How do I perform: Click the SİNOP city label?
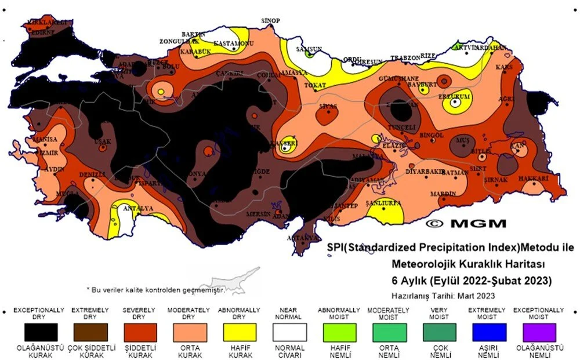click(270, 21)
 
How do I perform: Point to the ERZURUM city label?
click(455, 95)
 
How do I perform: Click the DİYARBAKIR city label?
click(426, 172)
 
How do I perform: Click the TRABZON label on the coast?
click(404, 58)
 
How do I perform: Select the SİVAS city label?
click(328, 107)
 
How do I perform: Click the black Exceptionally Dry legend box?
click(41, 332)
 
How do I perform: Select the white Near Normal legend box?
click(289, 332)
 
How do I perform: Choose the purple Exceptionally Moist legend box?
click(538, 332)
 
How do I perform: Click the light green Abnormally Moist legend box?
click(339, 332)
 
